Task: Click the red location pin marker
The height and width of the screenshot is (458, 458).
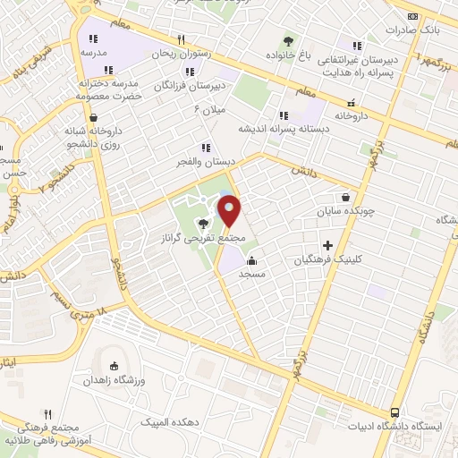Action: (x=230, y=211)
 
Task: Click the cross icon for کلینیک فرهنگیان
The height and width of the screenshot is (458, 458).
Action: (x=327, y=244)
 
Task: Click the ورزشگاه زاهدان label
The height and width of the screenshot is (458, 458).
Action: (x=113, y=380)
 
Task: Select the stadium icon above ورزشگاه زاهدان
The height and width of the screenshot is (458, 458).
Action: (x=113, y=365)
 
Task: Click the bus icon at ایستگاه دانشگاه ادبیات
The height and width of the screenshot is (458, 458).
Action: (x=394, y=412)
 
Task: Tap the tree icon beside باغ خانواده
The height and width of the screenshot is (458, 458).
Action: (x=288, y=41)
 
